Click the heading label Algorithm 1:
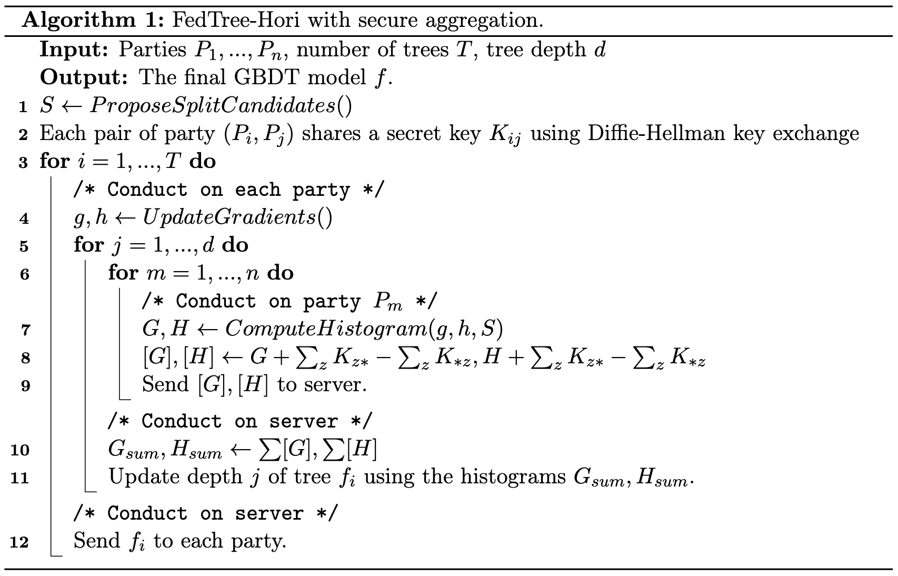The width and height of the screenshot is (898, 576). (93, 20)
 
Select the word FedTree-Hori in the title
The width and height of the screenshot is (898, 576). (236, 19)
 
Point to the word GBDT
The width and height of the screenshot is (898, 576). (266, 77)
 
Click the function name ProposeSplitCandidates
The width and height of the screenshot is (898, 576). (213, 106)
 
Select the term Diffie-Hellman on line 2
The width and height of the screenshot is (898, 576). (656, 133)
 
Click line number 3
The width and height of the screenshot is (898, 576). (23, 163)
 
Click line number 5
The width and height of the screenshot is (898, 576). (24, 246)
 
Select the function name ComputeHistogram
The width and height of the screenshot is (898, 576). (326, 329)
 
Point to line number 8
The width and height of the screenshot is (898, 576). (25, 358)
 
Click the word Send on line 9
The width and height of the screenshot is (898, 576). (165, 384)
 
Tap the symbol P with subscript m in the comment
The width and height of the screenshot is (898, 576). (387, 302)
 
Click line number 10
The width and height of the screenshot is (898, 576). (20, 450)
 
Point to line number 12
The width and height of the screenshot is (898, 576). (19, 542)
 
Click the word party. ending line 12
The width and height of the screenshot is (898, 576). (259, 541)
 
